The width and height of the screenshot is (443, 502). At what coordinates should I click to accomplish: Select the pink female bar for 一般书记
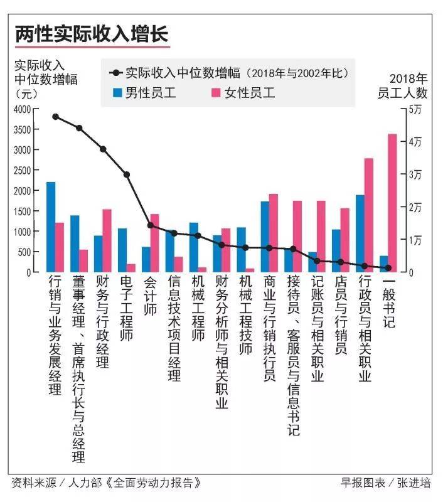point(392,203)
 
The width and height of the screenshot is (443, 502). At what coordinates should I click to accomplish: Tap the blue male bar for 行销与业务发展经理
point(51,227)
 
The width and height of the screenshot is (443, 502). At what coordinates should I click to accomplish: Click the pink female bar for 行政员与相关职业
point(368,215)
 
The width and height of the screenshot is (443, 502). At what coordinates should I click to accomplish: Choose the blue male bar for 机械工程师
point(194,247)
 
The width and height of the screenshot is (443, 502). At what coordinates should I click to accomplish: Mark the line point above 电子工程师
point(127,174)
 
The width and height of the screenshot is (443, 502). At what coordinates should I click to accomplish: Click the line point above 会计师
point(151,225)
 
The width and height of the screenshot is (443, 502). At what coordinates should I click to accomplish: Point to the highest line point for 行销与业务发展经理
point(55,117)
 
